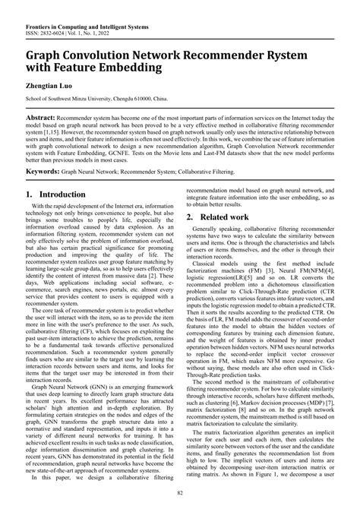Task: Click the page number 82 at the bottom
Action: click(x=180, y=495)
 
